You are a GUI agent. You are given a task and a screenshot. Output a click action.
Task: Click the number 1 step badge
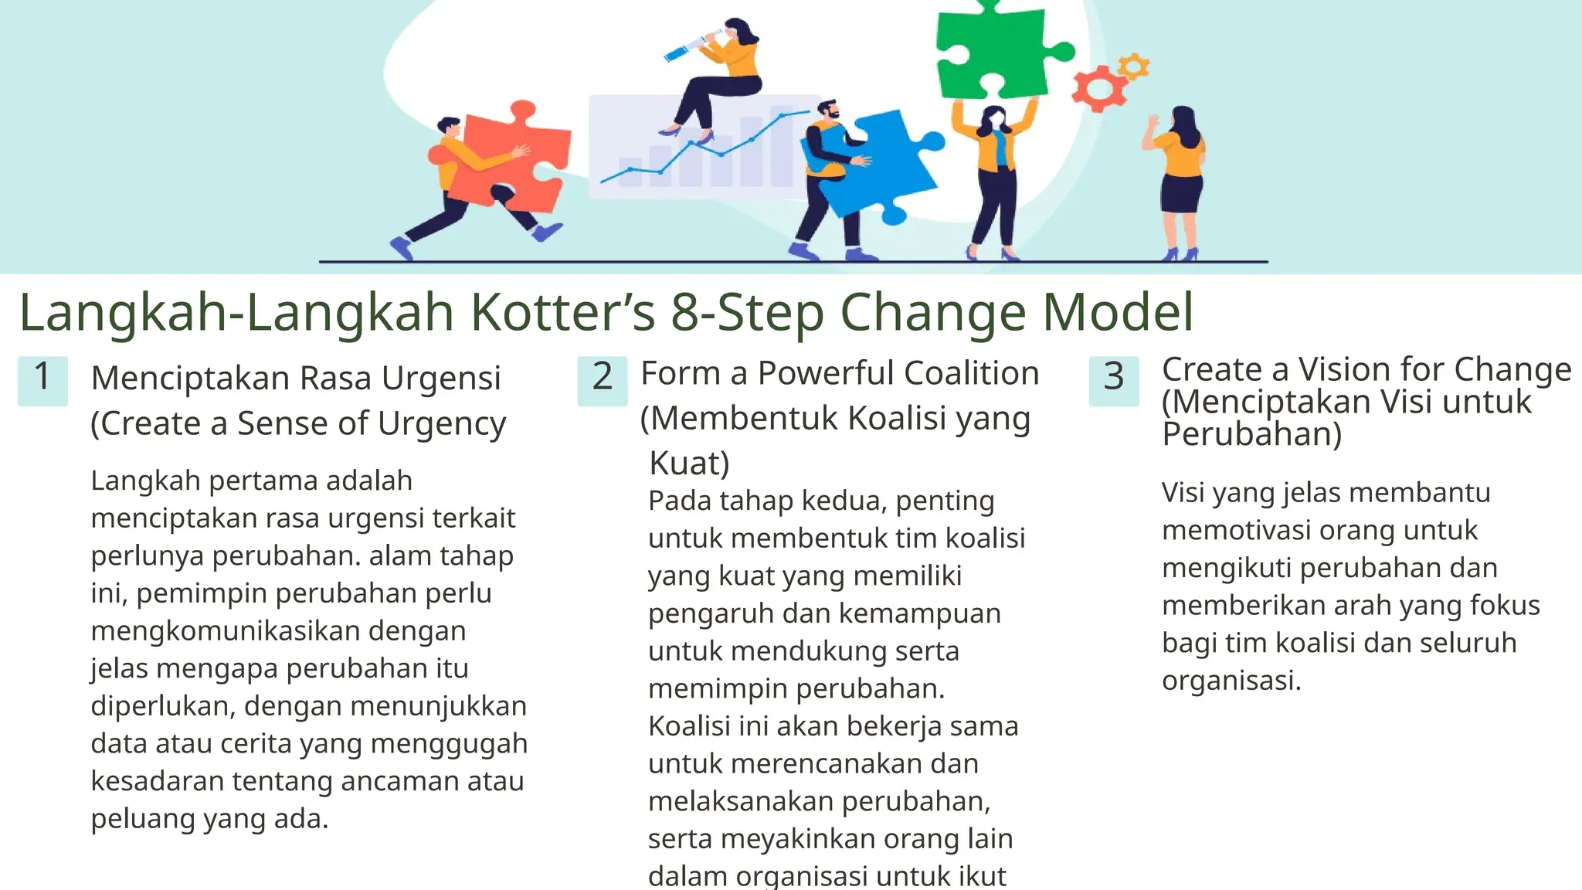42,380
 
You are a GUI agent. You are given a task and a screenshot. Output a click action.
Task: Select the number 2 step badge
603,380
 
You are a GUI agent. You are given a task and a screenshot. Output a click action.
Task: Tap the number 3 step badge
1113,380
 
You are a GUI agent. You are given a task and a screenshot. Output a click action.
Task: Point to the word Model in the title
1118,312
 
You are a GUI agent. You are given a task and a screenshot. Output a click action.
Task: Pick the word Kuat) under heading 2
689,463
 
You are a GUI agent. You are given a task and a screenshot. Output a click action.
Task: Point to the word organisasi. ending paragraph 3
1231,681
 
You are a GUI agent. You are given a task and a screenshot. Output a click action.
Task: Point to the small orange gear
1133,66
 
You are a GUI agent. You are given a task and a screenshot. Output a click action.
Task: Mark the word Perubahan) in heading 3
1251,435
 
